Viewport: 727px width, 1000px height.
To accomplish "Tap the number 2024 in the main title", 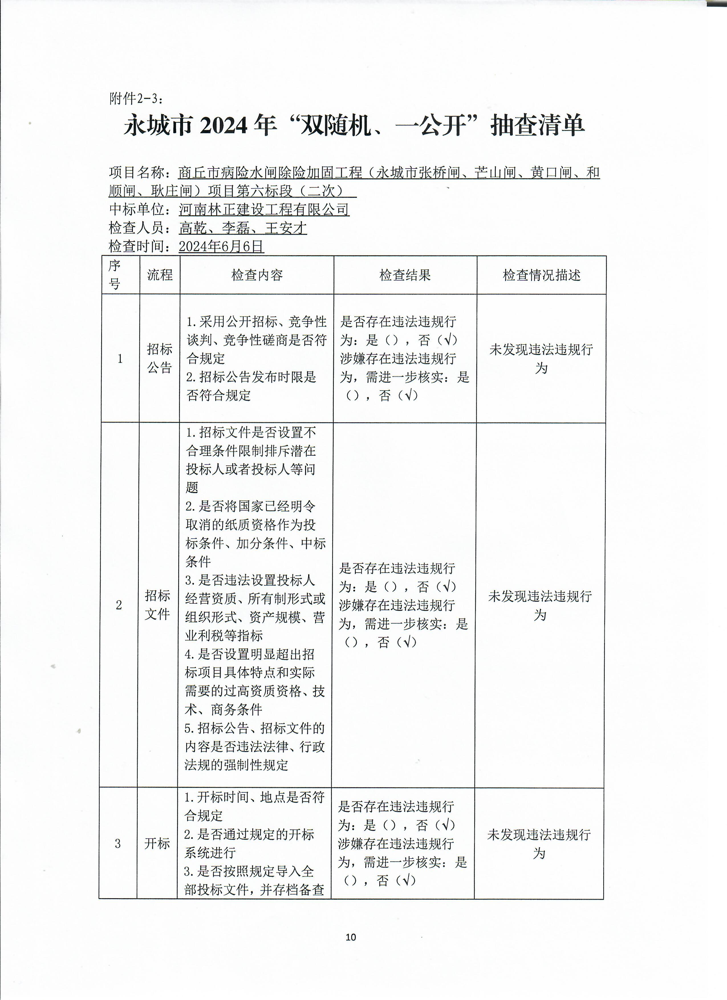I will tap(224, 126).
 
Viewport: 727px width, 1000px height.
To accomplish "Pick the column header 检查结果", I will tap(405, 275).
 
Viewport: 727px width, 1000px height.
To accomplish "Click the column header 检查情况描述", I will tap(541, 275).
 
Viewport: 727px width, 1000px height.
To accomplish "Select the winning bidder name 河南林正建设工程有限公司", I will tap(264, 209).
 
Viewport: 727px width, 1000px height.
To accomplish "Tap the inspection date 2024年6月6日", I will tap(221, 246).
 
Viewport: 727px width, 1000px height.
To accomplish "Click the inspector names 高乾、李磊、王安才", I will tap(243, 228).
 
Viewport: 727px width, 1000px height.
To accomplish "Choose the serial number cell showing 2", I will tap(119, 605).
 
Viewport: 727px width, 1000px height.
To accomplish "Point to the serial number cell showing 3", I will tap(118, 843).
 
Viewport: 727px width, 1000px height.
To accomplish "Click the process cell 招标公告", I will tap(160, 358).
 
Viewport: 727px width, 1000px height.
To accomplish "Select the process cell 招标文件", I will tap(157, 605).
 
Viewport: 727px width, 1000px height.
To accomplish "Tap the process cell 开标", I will tap(157, 843).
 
